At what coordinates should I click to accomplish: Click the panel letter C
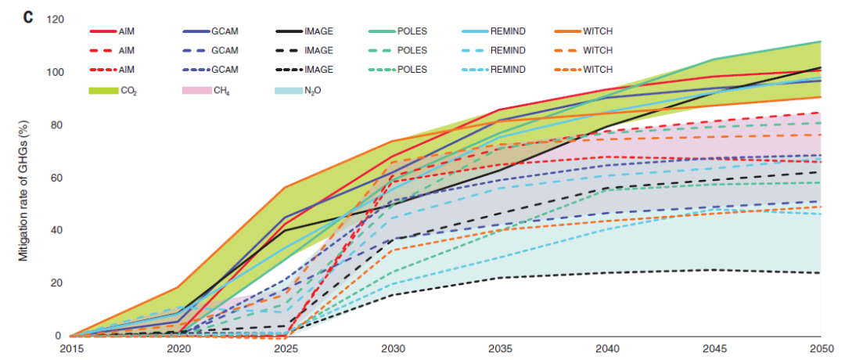click(27, 17)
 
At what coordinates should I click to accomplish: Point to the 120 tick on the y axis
click(55, 20)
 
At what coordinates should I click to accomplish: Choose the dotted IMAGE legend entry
click(304, 70)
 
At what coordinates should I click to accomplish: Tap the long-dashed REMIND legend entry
click(493, 51)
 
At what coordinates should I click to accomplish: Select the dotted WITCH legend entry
click(583, 70)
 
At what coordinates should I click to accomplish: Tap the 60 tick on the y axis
click(58, 178)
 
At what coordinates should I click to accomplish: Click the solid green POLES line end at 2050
click(821, 41)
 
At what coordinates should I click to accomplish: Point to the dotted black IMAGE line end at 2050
click(821, 273)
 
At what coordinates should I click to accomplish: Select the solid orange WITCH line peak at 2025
click(284, 188)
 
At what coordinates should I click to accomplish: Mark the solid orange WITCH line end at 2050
click(821, 97)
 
